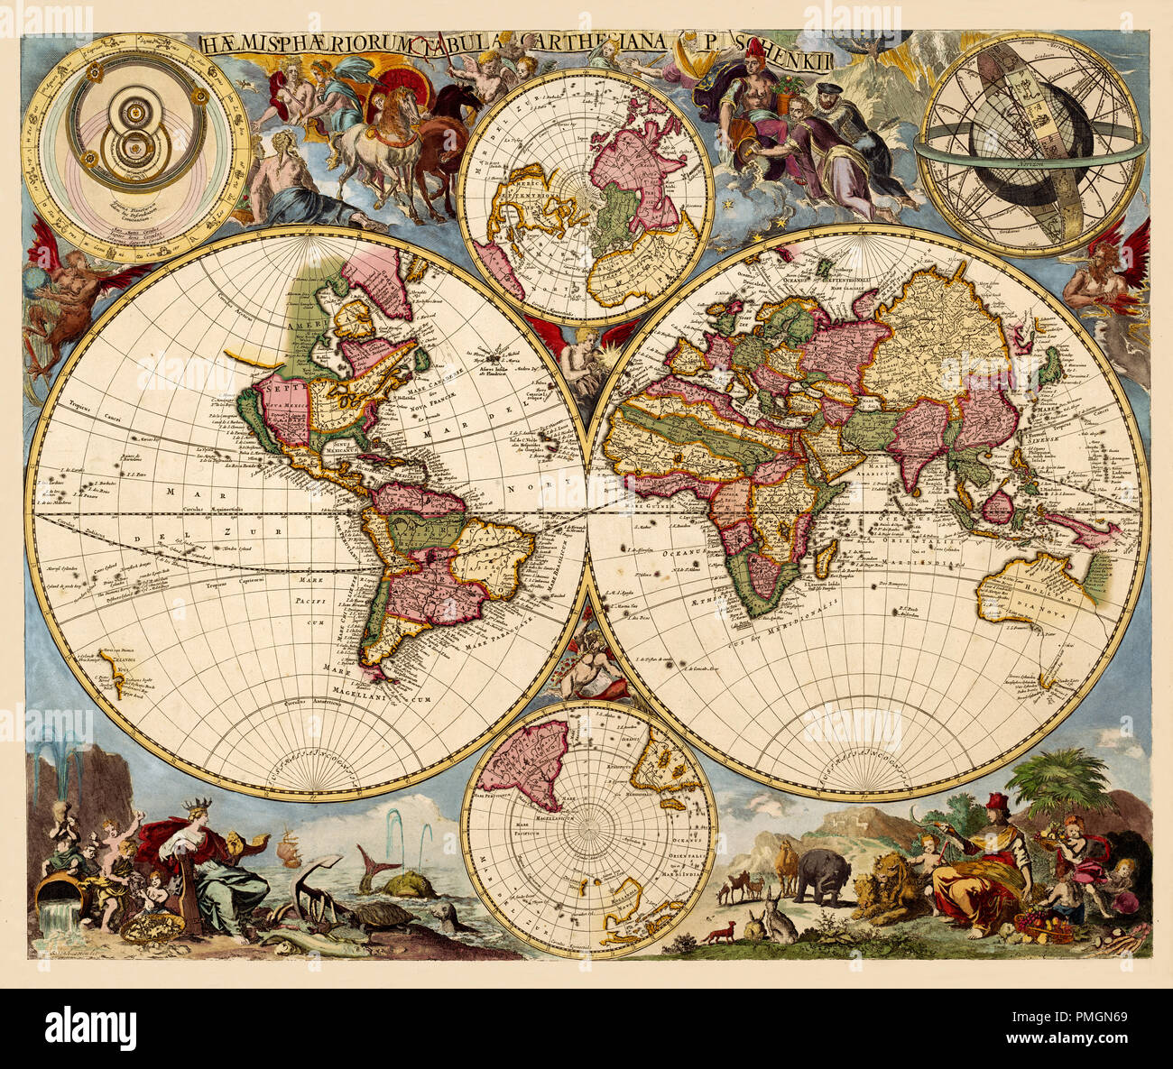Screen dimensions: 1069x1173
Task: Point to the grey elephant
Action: click(x=822, y=873)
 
